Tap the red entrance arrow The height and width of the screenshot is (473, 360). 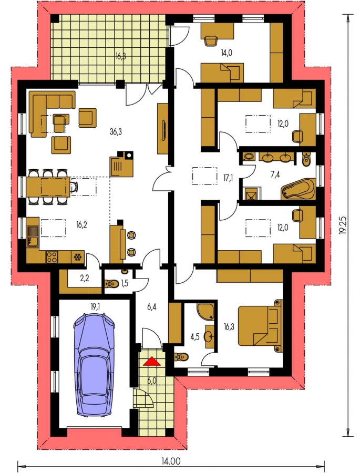tap(152, 361)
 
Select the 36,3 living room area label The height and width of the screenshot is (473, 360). tap(116, 132)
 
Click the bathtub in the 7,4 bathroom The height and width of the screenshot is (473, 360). tap(298, 189)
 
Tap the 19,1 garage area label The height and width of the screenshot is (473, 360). tap(95, 307)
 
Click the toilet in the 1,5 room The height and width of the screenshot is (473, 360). tap(111, 284)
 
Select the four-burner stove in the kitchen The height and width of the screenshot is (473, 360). tap(52, 257)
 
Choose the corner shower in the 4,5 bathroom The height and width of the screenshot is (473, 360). tap(205, 311)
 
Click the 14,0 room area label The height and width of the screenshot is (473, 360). tap(227, 53)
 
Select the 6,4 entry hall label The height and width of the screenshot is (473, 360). tap(151, 307)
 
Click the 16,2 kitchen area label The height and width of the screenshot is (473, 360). tap(82, 225)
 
